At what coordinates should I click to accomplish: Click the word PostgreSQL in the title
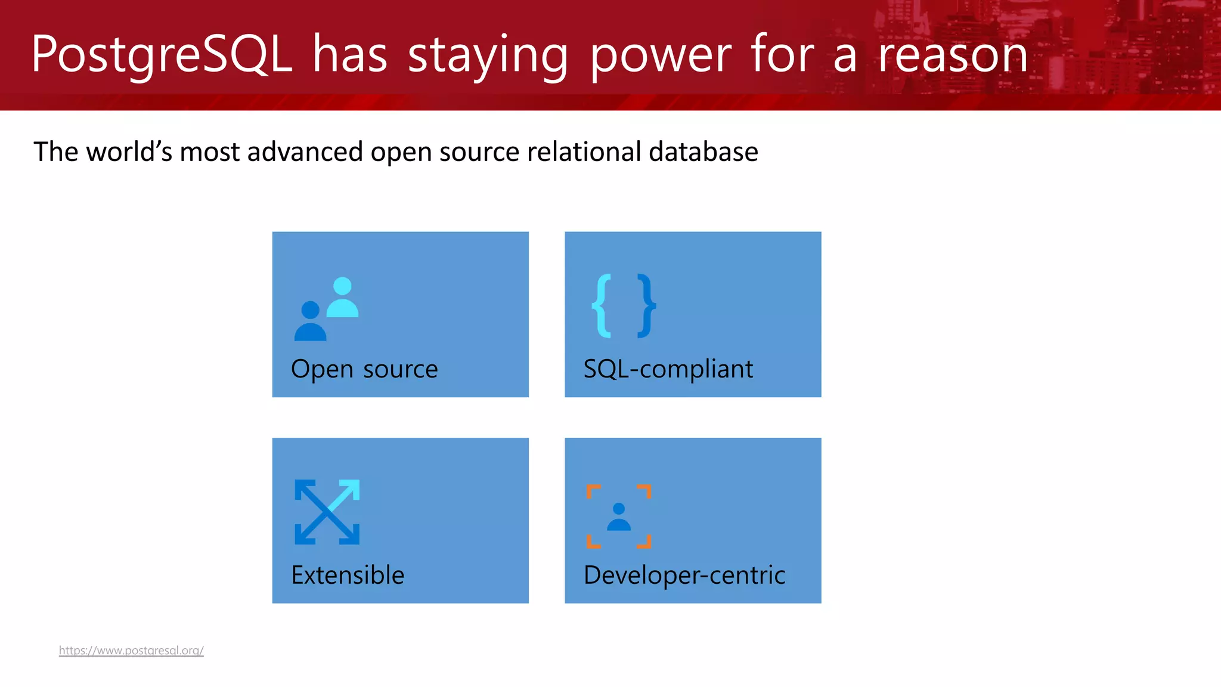click(x=161, y=55)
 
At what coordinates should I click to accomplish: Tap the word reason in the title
click(x=953, y=55)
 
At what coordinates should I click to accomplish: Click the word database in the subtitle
click(x=704, y=151)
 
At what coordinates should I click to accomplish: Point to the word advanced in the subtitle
click(x=305, y=151)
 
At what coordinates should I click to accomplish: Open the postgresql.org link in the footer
click(x=131, y=650)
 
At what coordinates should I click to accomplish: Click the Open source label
click(x=364, y=369)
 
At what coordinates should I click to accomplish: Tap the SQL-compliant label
click(x=668, y=369)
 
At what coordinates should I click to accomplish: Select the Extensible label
click(x=348, y=575)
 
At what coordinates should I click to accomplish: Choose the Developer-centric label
click(x=684, y=575)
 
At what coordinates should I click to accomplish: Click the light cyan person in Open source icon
click(x=342, y=298)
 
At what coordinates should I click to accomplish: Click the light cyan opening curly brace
click(x=602, y=305)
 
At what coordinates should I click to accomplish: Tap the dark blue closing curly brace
click(x=646, y=305)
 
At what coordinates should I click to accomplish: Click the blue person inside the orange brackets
click(x=619, y=517)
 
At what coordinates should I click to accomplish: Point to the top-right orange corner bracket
click(x=645, y=491)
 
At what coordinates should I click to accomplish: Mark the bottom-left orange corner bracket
click(x=593, y=542)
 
